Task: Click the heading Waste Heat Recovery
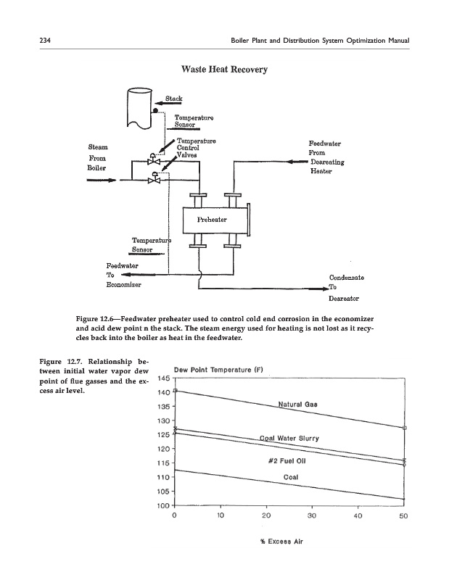[x=223, y=70]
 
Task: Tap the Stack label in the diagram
[x=173, y=98]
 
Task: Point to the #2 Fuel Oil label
[x=289, y=460]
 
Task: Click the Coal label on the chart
[x=292, y=477]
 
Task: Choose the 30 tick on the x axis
[x=311, y=517]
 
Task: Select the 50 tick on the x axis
[x=403, y=517]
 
